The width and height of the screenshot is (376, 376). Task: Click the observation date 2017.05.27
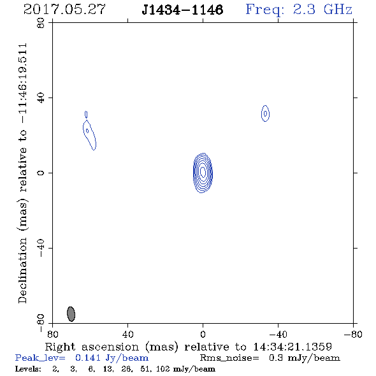64,10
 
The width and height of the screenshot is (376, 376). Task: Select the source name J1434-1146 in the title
182,10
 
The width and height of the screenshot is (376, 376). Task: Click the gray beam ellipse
71,314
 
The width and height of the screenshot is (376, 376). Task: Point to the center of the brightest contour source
203,173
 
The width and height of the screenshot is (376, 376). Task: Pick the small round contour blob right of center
265,113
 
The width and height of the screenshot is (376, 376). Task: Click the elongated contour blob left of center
89,134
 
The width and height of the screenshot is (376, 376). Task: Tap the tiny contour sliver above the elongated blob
86,114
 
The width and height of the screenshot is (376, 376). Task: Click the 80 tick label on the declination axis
41,23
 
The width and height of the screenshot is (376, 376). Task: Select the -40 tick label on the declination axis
41,248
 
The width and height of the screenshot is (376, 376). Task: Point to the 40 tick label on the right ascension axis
127,335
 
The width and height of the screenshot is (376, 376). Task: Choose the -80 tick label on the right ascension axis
353,335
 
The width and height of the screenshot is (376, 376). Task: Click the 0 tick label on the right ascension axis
203,335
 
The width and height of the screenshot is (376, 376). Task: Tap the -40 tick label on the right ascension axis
278,335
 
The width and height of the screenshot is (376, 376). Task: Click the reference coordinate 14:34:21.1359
293,347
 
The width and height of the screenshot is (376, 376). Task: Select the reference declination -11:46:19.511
22,83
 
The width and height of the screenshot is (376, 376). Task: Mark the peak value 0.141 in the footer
88,358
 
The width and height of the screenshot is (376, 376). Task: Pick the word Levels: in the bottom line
28,368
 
